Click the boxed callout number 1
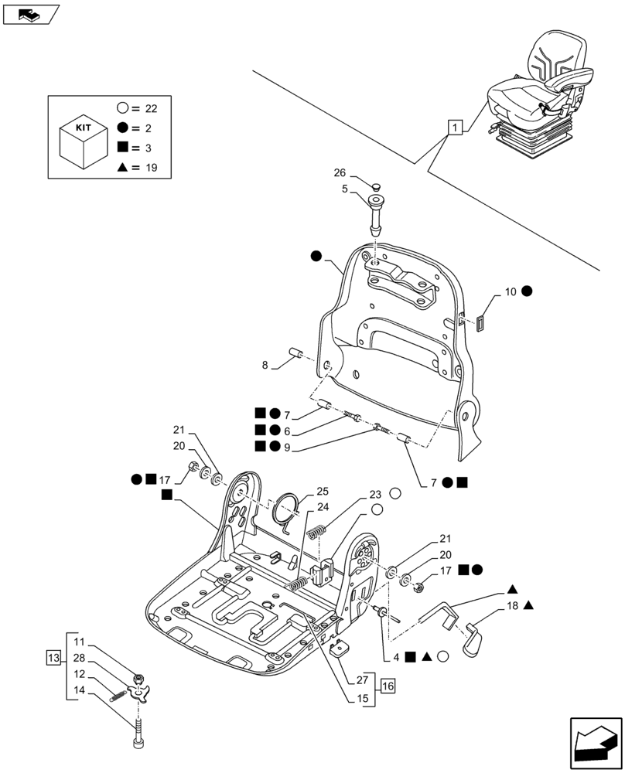click(x=456, y=128)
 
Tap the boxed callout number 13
click(x=53, y=658)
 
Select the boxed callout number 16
click(x=387, y=684)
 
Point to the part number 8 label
click(x=265, y=365)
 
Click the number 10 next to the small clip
click(x=511, y=291)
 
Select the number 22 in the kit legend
click(x=151, y=108)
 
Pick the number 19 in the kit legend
click(x=151, y=167)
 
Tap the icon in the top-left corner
click(x=31, y=14)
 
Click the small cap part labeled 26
click(x=376, y=186)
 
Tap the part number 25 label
click(x=322, y=492)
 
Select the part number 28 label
click(x=80, y=658)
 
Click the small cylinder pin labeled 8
click(x=295, y=354)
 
